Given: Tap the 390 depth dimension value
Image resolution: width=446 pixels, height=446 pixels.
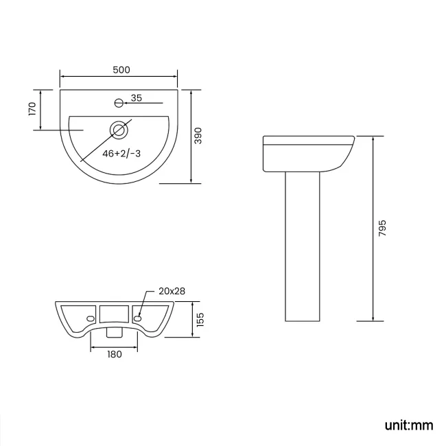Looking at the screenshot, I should click(x=198, y=136).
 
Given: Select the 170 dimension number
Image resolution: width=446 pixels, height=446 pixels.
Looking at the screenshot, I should click(x=32, y=110).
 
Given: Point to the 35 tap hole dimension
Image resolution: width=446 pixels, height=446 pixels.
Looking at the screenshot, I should click(x=136, y=99).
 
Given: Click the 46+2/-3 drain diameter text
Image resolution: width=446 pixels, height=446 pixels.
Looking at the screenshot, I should click(x=121, y=154).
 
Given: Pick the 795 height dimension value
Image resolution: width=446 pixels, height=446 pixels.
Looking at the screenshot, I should click(x=382, y=228).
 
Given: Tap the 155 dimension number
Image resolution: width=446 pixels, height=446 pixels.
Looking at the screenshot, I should click(x=200, y=320).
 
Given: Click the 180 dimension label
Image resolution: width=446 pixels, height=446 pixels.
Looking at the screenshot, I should click(x=114, y=354).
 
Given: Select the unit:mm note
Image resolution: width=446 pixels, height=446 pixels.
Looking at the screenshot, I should click(x=409, y=425).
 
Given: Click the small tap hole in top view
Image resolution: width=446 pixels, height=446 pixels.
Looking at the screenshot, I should click(x=119, y=103).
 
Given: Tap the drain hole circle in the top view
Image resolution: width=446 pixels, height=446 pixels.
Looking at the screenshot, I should click(x=119, y=128).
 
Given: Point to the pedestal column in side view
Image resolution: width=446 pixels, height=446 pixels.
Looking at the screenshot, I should click(x=303, y=247).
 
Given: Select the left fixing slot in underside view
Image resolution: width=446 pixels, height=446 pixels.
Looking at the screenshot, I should click(x=91, y=319).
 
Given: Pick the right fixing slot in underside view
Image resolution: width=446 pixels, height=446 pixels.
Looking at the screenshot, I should click(x=137, y=318).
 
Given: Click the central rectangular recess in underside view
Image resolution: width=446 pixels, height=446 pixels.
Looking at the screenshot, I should click(x=114, y=315).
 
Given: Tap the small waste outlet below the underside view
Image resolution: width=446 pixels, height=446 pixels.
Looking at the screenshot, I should click(x=115, y=333).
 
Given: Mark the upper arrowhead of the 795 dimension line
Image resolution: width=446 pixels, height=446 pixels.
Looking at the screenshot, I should click(x=373, y=137).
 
